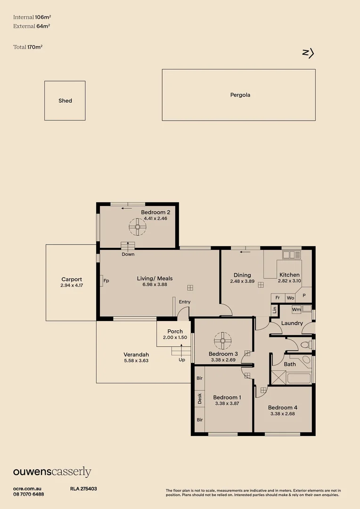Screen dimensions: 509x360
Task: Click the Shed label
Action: [x=65, y=101]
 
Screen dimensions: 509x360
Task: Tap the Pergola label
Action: [x=240, y=95]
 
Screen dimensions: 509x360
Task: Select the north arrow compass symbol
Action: [x=308, y=53]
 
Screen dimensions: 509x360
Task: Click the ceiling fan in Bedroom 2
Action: [x=138, y=228]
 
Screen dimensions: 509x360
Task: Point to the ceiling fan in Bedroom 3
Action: [x=222, y=339]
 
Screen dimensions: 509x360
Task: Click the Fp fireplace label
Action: [x=106, y=281]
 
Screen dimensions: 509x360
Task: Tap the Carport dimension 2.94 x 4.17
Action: [x=72, y=286]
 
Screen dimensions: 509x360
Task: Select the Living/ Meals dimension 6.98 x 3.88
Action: [x=155, y=284]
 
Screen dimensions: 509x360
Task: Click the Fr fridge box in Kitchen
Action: [x=278, y=298]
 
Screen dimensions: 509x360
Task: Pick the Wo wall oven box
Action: [x=290, y=298]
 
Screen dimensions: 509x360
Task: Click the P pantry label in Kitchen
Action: [x=304, y=296]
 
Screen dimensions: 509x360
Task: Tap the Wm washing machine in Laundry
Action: [x=296, y=310]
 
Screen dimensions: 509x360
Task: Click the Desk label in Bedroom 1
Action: [x=200, y=399]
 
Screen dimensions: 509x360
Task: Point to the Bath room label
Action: [x=290, y=364]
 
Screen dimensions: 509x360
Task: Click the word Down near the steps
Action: [x=128, y=254]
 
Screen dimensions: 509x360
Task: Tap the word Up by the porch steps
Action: [x=182, y=360]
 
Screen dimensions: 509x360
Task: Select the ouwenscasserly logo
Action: [x=52, y=472]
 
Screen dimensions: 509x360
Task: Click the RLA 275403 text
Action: [x=83, y=489]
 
